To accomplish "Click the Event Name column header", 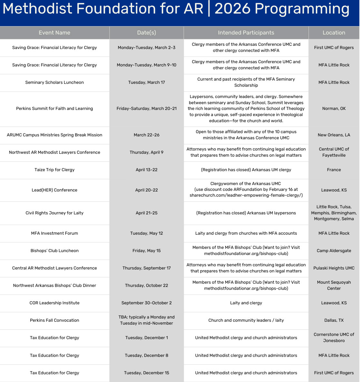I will pos(54,33).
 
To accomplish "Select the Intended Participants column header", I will pos(246,33).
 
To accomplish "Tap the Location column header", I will pos(334,33).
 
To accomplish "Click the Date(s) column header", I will pos(147,33).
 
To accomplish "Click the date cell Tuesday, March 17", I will pos(147,83).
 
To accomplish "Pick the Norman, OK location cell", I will pos(334,109).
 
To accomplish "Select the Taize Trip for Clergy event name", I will pos(54,170).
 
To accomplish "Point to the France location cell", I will pos(334,170).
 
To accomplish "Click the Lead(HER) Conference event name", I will pos(54,190).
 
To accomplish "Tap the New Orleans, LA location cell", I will pos(334,135).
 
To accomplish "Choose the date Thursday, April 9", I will pos(147,152).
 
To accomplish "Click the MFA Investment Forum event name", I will pos(54,233).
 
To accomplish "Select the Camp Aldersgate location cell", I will pos(334,251).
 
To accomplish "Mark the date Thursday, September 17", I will pos(147,268).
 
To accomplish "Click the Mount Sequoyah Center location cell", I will pos(334,285).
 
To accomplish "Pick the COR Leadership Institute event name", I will pos(54,303).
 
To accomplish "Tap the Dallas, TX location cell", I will pos(334,320).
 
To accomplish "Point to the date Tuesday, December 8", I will pos(147,356).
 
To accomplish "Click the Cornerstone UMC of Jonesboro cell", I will pos(334,338).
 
